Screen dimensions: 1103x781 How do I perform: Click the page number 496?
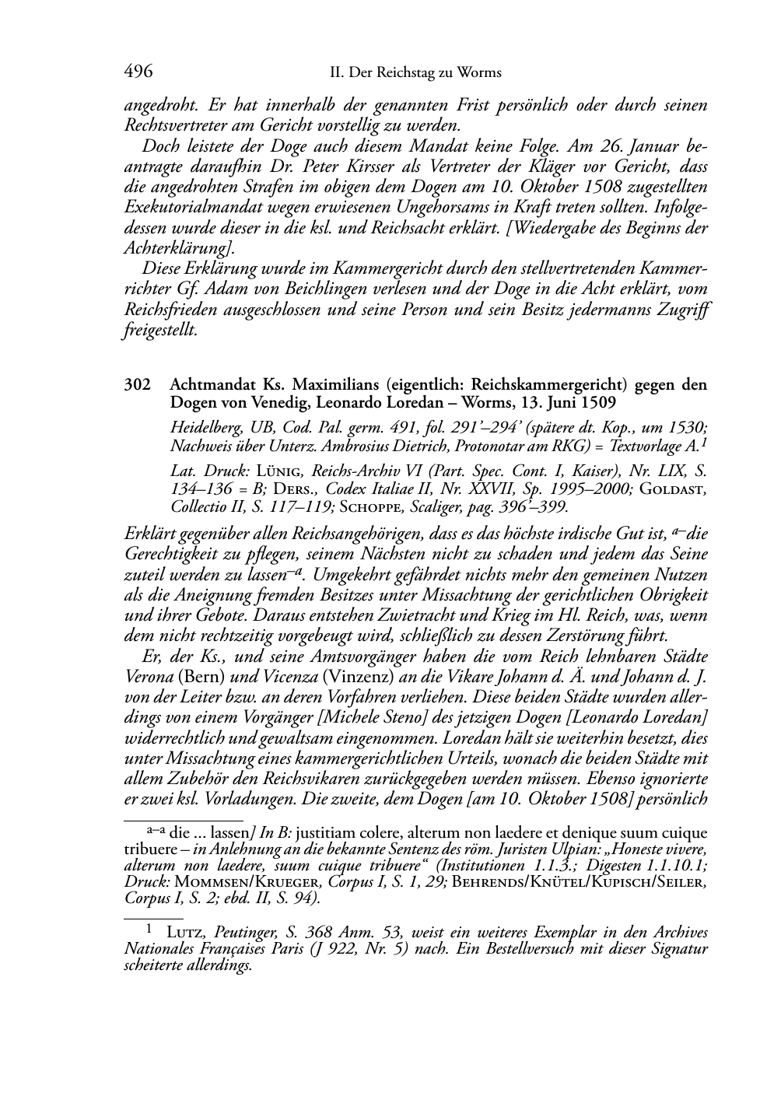pos(138,72)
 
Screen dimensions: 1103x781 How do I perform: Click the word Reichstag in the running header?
pos(400,73)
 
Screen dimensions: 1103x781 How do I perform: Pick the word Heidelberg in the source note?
pos(205,427)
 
